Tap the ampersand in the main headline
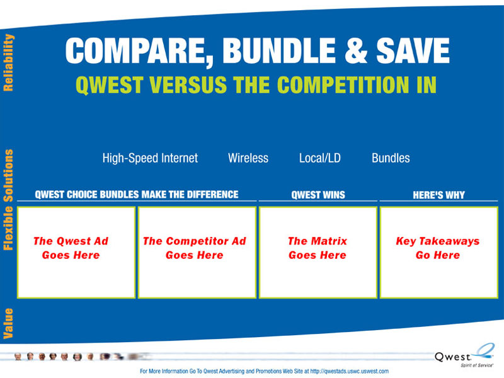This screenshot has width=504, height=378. coord(356,50)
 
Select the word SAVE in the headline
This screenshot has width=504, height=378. coord(413,50)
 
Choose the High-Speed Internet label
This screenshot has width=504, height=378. coord(150,158)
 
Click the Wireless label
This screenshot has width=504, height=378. coord(248,158)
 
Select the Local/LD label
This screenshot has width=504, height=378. coord(320,158)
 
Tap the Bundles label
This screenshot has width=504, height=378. coord(391,158)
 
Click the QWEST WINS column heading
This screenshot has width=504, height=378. coord(318,195)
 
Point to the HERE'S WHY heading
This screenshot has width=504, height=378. coord(438,195)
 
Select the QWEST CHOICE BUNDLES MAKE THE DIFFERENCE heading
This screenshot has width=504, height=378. coord(137,195)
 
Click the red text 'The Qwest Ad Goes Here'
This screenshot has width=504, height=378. coord(71,248)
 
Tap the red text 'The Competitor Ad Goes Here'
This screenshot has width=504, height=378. coord(195,248)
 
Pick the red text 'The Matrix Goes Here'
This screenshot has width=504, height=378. coord(318,248)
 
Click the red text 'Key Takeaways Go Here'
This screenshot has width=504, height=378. coord(438,248)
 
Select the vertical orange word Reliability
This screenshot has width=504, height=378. coord(8,62)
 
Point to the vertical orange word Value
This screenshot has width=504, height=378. coord(8,323)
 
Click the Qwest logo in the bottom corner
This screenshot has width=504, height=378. coord(464,355)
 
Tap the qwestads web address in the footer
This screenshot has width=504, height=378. coord(350,371)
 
